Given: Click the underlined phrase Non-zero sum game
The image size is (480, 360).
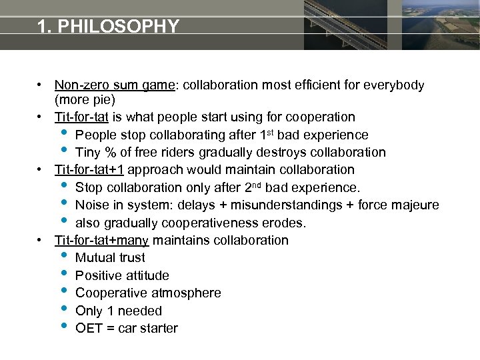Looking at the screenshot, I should (x=114, y=85).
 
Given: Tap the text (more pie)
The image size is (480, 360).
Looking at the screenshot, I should (x=85, y=100).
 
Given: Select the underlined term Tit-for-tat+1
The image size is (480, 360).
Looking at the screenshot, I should (x=89, y=170).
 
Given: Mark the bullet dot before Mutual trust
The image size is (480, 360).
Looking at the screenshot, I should (x=63, y=257).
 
